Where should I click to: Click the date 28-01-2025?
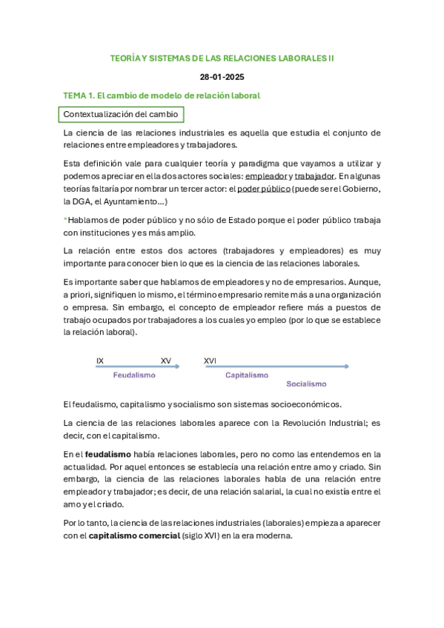222,76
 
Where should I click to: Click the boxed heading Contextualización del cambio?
119,114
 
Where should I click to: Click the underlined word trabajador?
314,176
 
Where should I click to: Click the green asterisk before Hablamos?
65,220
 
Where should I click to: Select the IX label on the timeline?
100,361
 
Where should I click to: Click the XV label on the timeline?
165,361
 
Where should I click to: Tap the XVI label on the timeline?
210,361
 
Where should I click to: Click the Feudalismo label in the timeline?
134,375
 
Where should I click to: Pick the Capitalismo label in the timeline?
247,375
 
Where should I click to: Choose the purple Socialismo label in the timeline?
306,384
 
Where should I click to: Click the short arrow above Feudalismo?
137,367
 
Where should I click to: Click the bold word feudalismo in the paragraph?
108,454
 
